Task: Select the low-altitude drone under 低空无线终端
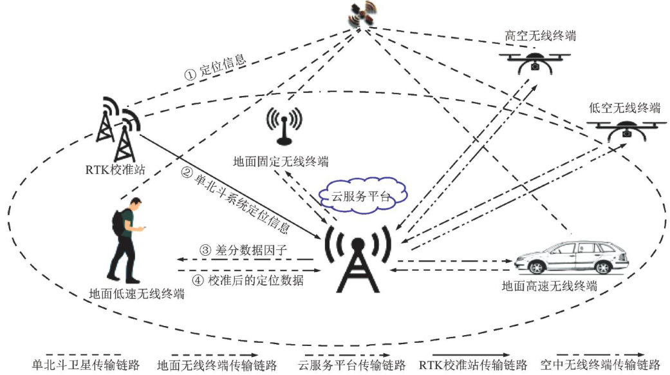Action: point(628,128)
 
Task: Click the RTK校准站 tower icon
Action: point(118,129)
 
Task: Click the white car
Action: point(572,258)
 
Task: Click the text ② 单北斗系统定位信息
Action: point(238,200)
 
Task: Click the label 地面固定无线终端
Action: point(281,159)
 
